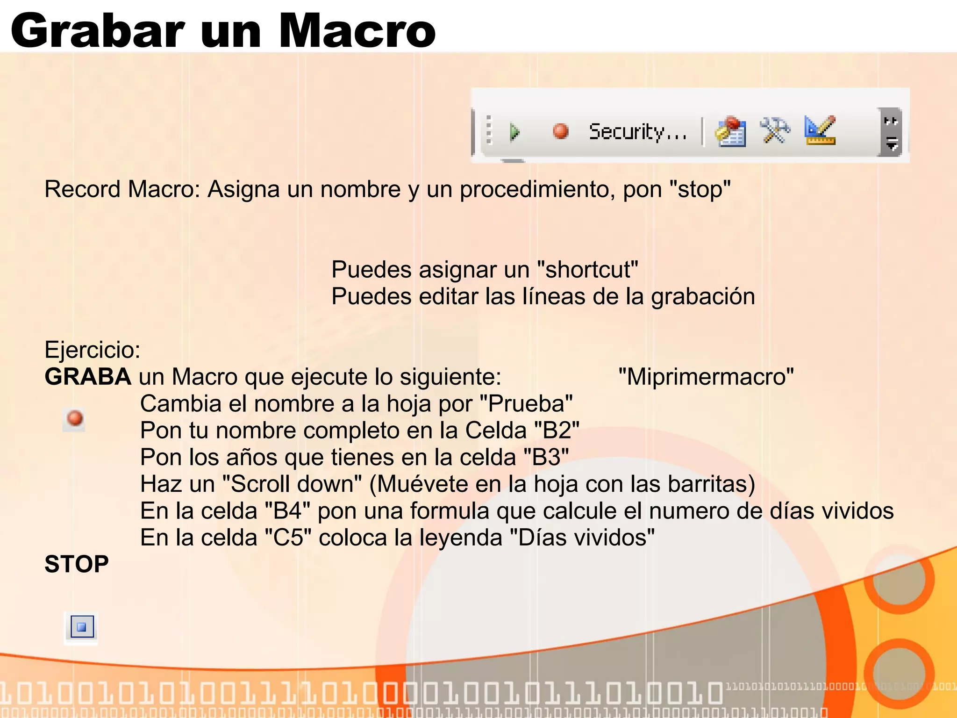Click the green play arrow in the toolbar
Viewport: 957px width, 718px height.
point(514,132)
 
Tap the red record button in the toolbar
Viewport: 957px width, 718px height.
point(560,131)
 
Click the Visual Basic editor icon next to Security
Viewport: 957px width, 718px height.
point(730,132)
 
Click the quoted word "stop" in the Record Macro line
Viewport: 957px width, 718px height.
point(700,190)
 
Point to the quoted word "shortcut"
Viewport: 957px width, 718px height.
point(587,270)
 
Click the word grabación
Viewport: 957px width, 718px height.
point(703,297)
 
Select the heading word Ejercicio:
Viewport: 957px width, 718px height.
point(93,350)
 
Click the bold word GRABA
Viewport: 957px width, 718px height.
point(87,377)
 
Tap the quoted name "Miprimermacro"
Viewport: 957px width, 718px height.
point(706,377)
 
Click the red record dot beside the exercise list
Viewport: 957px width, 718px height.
point(75,418)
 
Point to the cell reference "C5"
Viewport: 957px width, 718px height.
point(288,538)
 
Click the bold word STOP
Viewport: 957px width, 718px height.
point(77,564)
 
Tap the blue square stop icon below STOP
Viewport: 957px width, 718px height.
point(82,627)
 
